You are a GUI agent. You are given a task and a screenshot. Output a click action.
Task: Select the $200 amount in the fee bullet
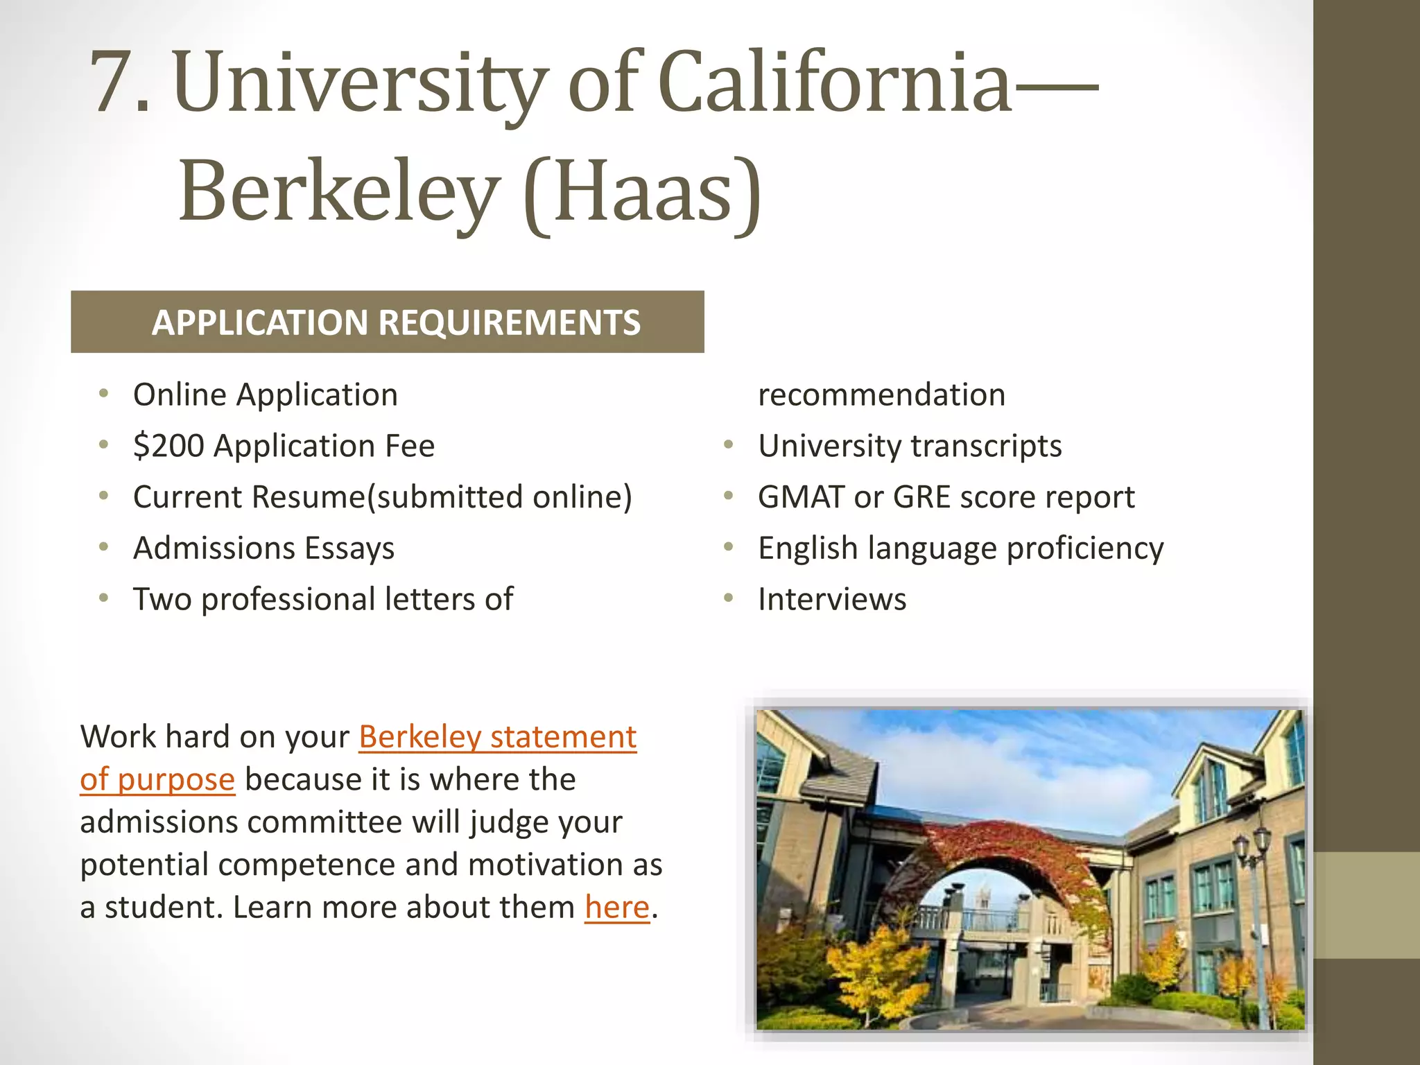[168, 446]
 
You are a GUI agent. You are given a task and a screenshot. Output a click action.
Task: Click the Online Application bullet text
[266, 395]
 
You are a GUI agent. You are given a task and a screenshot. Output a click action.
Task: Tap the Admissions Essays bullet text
[263, 548]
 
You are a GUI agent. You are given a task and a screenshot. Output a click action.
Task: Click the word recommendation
[881, 395]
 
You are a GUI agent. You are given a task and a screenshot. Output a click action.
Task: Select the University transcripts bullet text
[910, 446]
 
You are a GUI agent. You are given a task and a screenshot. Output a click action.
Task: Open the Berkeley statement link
[497, 737]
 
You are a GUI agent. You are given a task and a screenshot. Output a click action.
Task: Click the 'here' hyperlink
[617, 908]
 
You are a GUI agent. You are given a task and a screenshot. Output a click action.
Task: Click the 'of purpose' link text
[157, 780]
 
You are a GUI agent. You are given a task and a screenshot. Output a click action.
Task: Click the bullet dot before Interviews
[729, 598]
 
